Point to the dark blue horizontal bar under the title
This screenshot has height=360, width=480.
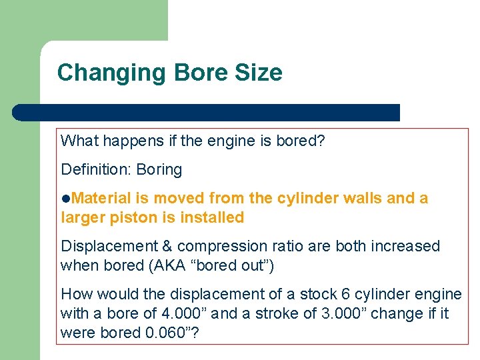pyautogui.click(x=207, y=113)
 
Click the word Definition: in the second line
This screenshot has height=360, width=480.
pyautogui.click(x=95, y=169)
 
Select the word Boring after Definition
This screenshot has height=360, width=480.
pyautogui.click(x=159, y=169)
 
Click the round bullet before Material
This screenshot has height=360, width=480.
pyautogui.click(x=65, y=199)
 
